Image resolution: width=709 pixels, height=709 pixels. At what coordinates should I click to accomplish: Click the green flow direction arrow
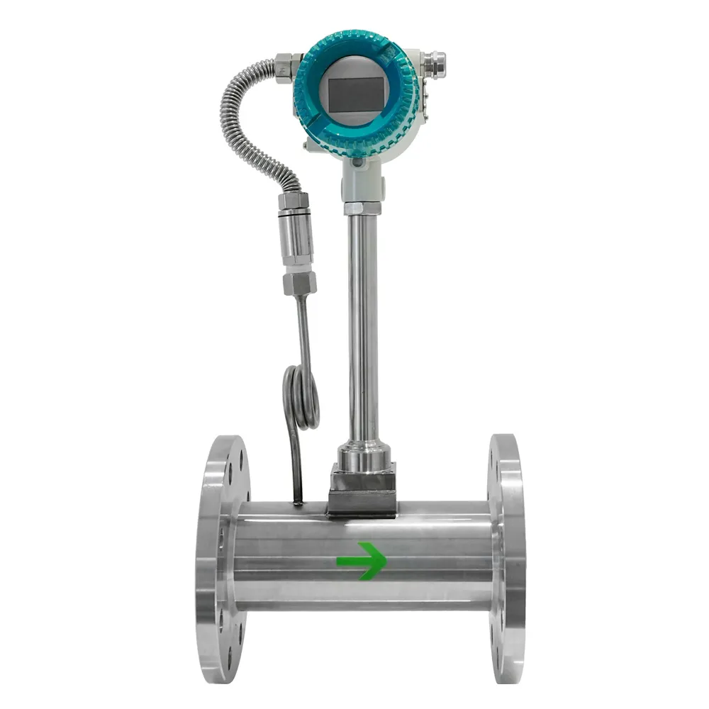point(362,561)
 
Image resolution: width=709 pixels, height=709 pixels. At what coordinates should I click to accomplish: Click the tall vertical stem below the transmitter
point(362,326)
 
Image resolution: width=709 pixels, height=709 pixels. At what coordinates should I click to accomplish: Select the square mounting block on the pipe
point(362,489)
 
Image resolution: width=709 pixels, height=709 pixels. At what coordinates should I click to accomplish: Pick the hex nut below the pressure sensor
point(299,284)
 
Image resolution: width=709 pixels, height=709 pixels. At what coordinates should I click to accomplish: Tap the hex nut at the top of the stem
point(362,208)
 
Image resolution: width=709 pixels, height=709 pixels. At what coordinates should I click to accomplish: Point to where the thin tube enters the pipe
point(298,502)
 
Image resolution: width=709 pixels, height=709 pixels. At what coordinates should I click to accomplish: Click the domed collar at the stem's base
point(362,454)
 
